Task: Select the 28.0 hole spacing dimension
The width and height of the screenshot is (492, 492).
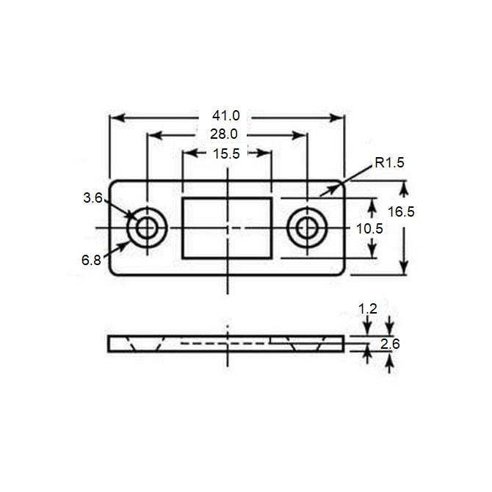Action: coord(224,134)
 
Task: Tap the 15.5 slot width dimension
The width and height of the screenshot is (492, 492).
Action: coord(227,153)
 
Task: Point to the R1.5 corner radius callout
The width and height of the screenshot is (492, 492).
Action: coord(389,164)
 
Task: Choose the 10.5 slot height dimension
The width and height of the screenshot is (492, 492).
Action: coord(369,228)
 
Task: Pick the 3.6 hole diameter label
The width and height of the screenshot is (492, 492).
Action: coord(92,198)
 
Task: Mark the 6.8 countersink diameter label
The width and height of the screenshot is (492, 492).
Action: coord(92,260)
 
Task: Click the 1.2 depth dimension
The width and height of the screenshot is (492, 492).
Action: coord(368,309)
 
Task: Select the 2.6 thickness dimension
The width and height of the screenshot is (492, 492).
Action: coord(391,343)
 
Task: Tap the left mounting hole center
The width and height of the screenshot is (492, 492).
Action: coord(147,228)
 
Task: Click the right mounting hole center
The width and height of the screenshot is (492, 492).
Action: coord(306,228)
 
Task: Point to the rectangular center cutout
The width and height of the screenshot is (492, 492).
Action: coord(227,228)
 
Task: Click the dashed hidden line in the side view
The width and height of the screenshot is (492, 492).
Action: coord(224,343)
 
